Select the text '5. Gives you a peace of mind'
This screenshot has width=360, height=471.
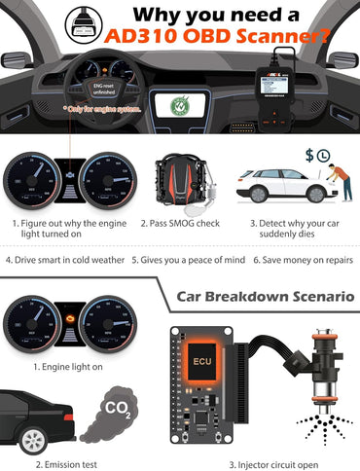click(x=179, y=260)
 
